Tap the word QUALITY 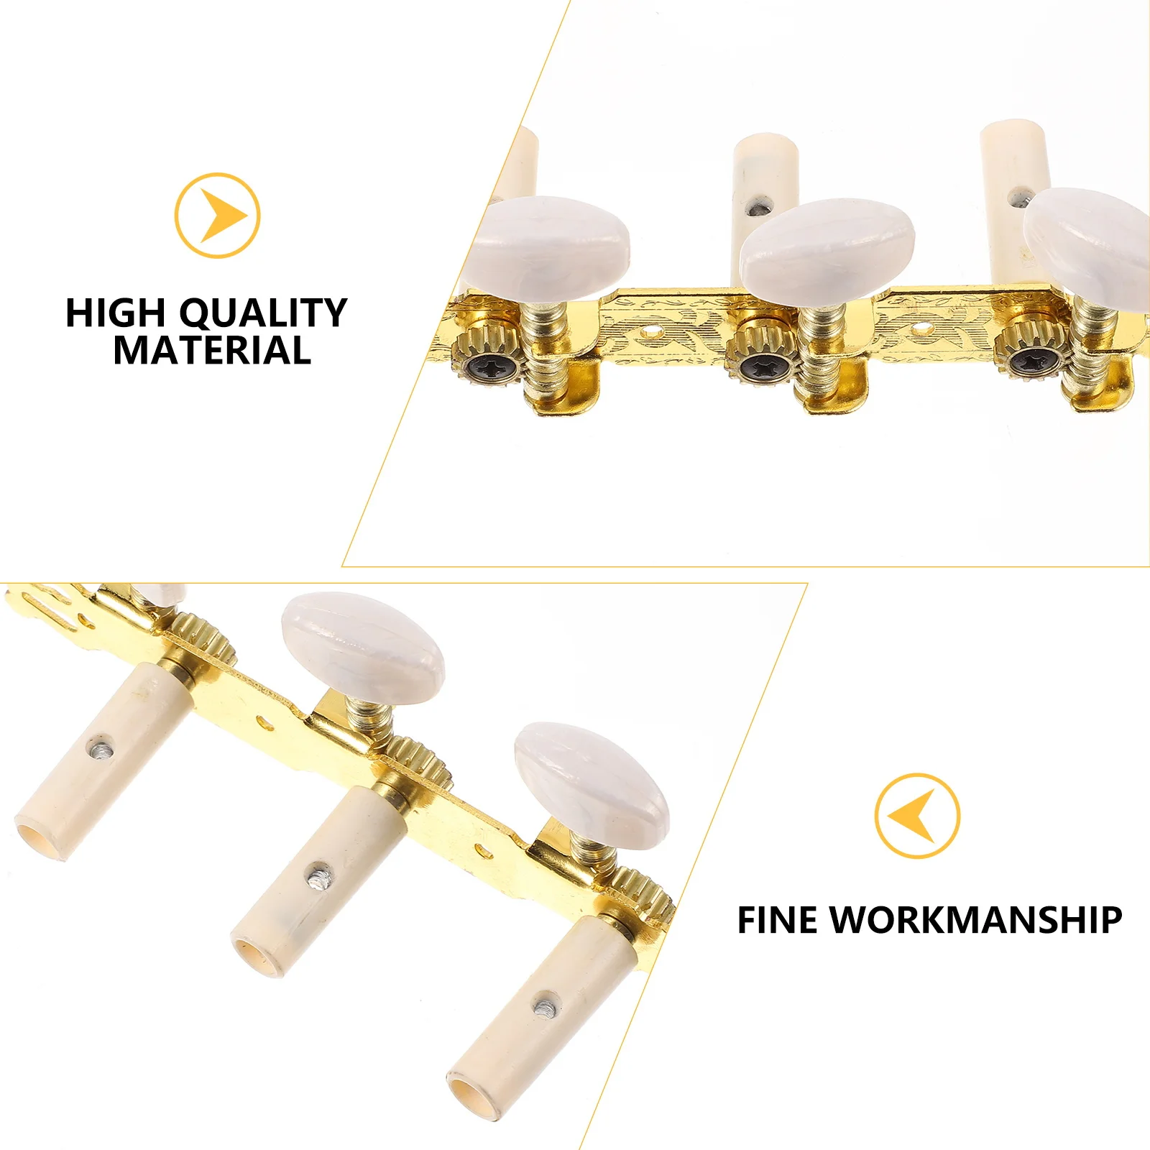pyautogui.click(x=263, y=313)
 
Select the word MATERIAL pyautogui.click(x=212, y=351)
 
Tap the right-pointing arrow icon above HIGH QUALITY pyautogui.click(x=217, y=216)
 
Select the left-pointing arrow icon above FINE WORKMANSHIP pyautogui.click(x=917, y=816)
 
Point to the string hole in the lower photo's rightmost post pyautogui.click(x=548, y=1004)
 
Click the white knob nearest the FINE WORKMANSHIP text pyautogui.click(x=591, y=786)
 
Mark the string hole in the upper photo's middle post pyautogui.click(x=756, y=211)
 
